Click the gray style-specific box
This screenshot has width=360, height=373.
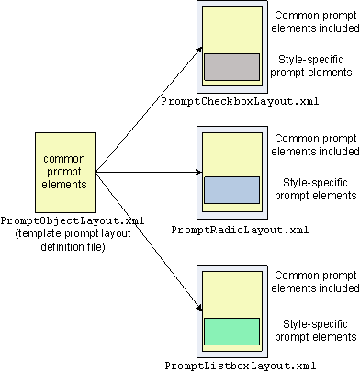point(231,67)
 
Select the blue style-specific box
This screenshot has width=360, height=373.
point(231,190)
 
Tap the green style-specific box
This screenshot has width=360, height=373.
point(231,332)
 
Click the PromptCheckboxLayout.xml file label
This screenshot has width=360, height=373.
point(240,101)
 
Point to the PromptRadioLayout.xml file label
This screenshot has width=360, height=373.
point(240,230)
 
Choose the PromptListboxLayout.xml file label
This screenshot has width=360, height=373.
point(241,366)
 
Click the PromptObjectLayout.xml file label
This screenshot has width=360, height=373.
point(73,220)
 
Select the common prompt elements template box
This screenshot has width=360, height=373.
point(65,173)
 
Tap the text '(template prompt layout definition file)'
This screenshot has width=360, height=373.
point(73,240)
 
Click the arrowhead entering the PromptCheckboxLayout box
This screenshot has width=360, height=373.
point(199,50)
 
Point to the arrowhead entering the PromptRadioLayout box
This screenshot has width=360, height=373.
point(198,173)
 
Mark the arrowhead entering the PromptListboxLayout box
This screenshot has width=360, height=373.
point(199,308)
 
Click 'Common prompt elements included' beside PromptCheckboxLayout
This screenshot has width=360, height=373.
point(315,22)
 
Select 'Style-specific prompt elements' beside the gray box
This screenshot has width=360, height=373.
point(311,66)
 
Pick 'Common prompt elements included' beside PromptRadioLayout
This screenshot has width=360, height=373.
point(315,145)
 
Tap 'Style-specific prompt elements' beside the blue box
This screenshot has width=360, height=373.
point(316,189)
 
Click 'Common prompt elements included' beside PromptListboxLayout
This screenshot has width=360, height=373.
point(315,282)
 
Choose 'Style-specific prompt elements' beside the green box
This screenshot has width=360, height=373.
point(316,331)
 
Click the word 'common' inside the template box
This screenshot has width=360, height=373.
point(64,159)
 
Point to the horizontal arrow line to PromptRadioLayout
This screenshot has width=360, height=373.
point(149,173)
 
